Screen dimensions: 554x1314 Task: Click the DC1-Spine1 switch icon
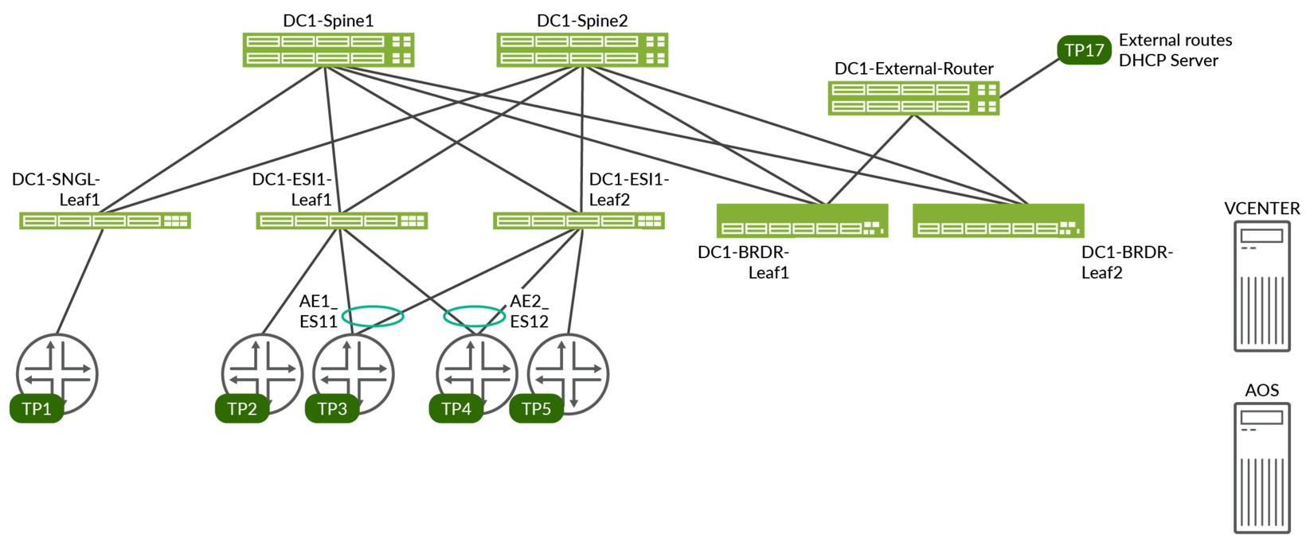(x=327, y=49)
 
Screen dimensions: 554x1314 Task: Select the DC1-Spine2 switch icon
(x=581, y=49)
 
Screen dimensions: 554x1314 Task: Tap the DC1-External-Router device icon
(x=913, y=97)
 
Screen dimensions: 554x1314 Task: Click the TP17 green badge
(x=1084, y=50)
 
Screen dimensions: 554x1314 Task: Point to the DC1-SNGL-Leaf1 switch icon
(x=104, y=220)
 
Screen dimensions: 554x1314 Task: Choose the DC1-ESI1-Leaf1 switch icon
(x=342, y=220)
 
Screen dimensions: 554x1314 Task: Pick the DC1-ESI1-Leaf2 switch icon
(x=578, y=220)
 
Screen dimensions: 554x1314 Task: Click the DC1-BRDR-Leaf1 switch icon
(x=802, y=221)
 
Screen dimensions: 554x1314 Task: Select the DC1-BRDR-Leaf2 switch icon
(x=998, y=221)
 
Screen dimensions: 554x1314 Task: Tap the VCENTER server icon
(x=1261, y=287)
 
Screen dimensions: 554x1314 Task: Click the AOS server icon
(x=1261, y=468)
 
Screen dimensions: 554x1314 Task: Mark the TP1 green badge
(x=37, y=408)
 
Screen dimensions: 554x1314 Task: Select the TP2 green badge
(x=242, y=408)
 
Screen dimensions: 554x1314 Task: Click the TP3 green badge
(x=332, y=408)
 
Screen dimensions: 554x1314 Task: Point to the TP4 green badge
(x=456, y=408)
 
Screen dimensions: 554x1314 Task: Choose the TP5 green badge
(x=536, y=408)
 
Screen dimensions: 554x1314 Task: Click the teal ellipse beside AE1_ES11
(x=373, y=316)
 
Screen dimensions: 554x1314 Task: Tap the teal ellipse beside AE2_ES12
(x=474, y=316)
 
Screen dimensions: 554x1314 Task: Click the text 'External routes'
(x=1175, y=40)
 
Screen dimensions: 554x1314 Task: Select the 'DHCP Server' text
(x=1168, y=60)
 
